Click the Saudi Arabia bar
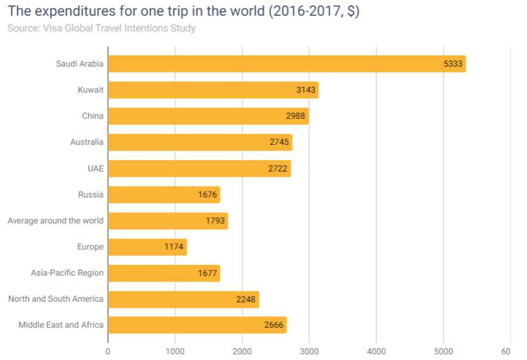pos(286,64)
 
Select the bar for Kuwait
pos(213,90)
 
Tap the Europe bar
pos(147,247)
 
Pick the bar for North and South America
pos(183,299)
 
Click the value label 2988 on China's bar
pos(296,116)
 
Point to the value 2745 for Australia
pos(280,142)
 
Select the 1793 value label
pos(215,221)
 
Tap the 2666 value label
pos(274,325)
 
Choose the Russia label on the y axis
pos(90,195)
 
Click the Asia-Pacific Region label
pos(67,273)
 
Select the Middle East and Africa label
pos(61,325)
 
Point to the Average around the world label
pos(55,221)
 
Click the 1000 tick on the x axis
pos(175,351)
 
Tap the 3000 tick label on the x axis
pos(309,351)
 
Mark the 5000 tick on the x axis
pos(443,351)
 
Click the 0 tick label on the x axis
pos(108,351)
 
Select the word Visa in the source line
pos(53,28)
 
